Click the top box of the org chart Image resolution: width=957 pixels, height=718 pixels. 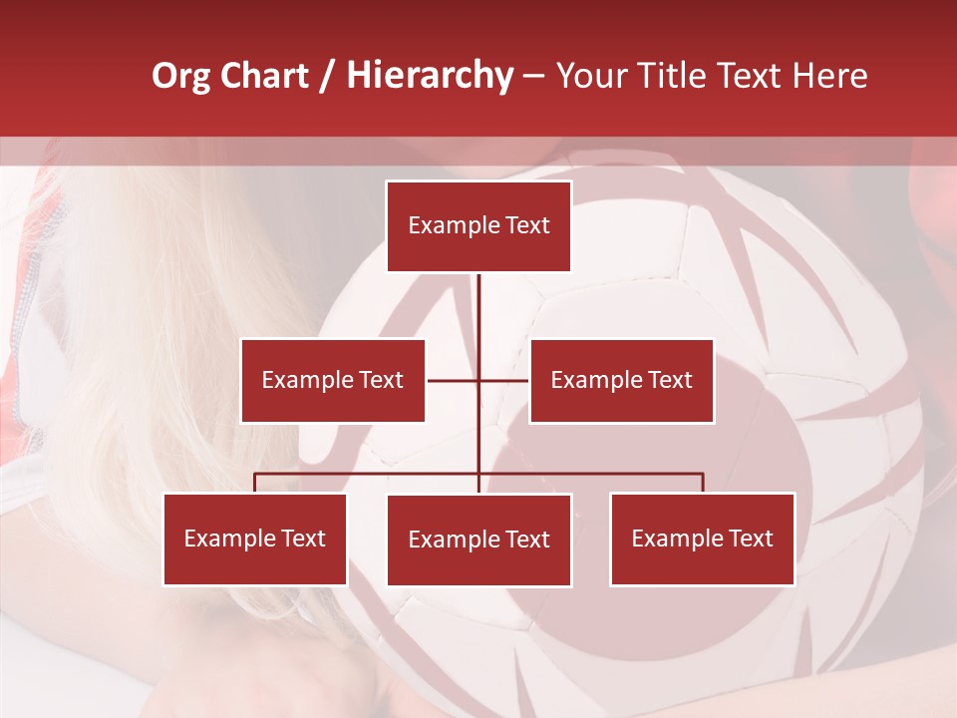pos(478,226)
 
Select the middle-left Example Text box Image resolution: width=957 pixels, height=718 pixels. pos(333,380)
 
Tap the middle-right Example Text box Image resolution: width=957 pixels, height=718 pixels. pos(621,380)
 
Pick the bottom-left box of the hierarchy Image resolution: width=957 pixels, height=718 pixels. pos(255,538)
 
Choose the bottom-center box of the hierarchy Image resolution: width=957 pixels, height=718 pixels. pos(478,539)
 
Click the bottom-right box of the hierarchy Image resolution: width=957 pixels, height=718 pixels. pos(702,538)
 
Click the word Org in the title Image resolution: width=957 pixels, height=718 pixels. pos(180,76)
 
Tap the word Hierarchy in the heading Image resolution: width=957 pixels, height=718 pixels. pos(429,76)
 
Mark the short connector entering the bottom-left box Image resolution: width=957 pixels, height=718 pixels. pos(255,483)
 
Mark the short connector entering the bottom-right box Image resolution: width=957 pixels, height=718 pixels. pos(703,483)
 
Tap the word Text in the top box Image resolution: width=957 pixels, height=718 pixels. pos(527,225)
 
